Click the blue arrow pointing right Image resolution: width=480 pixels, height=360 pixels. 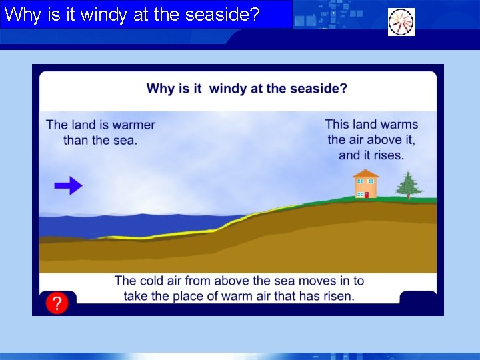68,186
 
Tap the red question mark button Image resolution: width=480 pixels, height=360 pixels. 57,304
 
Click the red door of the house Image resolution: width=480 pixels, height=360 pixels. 366,195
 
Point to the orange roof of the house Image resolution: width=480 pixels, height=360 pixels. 365,174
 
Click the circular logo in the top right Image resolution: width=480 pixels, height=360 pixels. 401,22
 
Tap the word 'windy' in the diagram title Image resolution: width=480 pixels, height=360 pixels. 228,89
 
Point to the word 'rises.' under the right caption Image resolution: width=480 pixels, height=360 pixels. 386,155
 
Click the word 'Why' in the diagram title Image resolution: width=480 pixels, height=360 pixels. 160,89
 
